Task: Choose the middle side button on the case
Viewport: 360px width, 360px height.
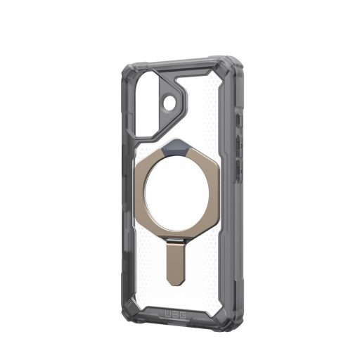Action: coord(241,143)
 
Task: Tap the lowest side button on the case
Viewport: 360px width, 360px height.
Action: coord(240,168)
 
